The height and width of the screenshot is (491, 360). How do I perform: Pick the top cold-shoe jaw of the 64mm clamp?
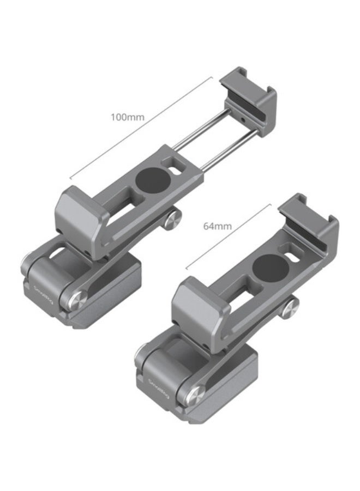click(308, 221)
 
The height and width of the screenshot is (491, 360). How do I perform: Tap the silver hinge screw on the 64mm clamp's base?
click(195, 392)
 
